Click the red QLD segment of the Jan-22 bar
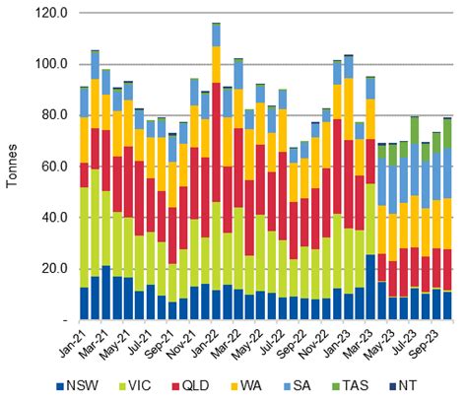pyautogui.click(x=217, y=138)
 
